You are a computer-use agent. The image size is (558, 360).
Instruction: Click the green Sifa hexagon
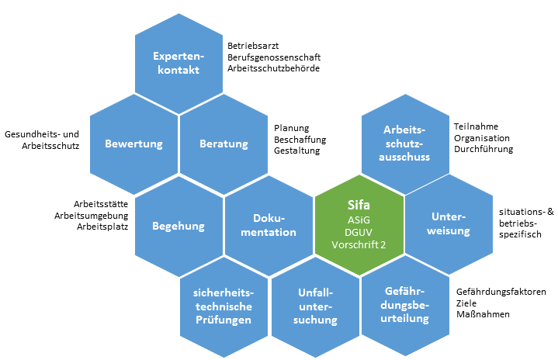[x=359, y=226]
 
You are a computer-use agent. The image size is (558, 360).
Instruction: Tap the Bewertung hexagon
[x=133, y=144]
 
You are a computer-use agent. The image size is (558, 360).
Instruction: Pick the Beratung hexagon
[x=224, y=144]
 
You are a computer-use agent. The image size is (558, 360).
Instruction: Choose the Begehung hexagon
[x=178, y=226]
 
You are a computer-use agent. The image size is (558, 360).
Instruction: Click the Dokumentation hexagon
[x=269, y=226]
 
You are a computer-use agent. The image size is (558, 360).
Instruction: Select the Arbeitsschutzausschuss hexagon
[x=406, y=144]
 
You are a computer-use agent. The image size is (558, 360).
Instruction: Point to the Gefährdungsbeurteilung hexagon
[x=406, y=306]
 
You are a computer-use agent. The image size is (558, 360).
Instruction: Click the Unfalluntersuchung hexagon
[x=314, y=306]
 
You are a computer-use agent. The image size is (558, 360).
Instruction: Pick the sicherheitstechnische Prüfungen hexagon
[x=224, y=306]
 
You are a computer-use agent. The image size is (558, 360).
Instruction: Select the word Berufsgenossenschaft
[x=274, y=57]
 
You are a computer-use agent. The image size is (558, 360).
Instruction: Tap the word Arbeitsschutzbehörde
[x=274, y=69]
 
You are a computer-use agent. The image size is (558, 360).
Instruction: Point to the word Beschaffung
[x=300, y=140]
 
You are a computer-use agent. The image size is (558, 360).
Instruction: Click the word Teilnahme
[x=476, y=125]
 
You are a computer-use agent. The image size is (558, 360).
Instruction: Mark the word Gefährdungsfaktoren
[x=501, y=292]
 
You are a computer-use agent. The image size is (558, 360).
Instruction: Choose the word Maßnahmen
[x=483, y=315]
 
